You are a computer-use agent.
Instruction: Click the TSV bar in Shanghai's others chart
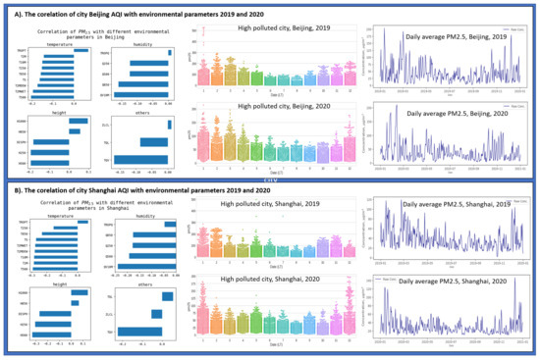139,330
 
